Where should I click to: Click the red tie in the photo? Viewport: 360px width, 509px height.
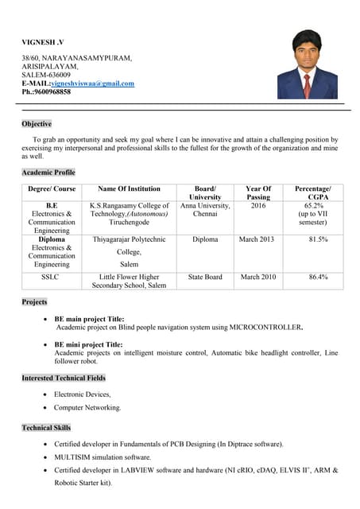308,84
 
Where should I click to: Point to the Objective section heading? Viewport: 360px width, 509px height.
37,124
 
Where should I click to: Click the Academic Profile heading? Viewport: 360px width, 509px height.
48,173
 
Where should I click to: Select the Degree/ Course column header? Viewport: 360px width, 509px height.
52,189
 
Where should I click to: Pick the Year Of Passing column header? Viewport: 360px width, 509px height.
258,193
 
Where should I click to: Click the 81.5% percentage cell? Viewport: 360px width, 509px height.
318,239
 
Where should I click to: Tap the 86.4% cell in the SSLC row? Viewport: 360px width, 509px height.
318,278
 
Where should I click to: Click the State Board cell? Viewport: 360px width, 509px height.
205,278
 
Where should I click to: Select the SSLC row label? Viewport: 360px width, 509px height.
52,278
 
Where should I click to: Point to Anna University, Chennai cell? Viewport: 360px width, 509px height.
205,210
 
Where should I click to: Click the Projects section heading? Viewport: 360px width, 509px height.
34,302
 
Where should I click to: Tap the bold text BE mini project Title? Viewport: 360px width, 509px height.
88,344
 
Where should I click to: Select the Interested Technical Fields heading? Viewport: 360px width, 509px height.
64,378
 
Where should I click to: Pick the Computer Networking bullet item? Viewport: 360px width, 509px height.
87,408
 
